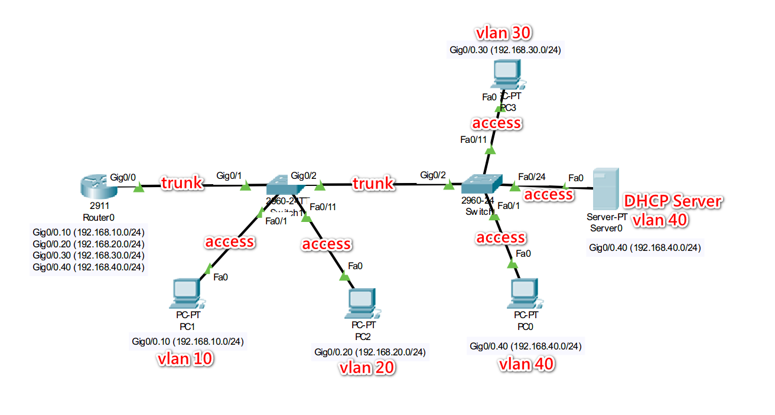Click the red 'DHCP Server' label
point(673,202)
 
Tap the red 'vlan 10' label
point(185,358)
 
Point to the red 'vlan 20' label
point(366,367)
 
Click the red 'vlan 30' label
point(506,32)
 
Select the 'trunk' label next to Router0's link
point(182,183)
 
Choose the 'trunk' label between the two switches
point(373,184)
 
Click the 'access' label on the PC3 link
point(496,123)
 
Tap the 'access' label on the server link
point(548,194)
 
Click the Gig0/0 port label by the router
point(123,177)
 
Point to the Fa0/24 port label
point(532,177)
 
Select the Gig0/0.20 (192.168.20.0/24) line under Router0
point(89,244)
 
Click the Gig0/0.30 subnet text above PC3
point(505,50)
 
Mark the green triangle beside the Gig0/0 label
point(139,188)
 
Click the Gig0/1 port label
point(230,175)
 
